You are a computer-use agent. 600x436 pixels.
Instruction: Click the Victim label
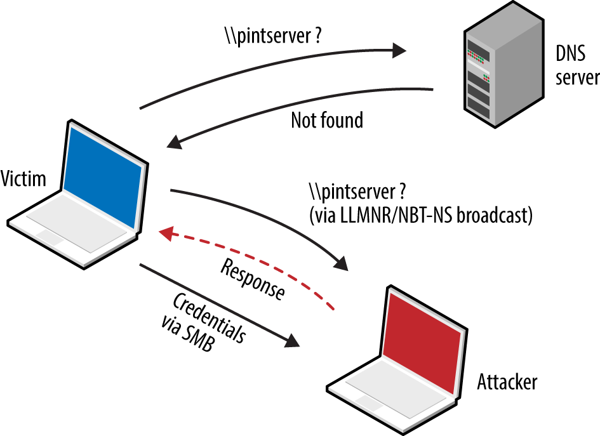click(24, 178)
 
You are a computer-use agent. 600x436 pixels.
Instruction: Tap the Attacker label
click(507, 382)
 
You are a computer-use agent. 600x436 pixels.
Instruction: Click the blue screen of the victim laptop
click(102, 175)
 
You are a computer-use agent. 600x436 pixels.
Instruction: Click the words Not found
click(327, 120)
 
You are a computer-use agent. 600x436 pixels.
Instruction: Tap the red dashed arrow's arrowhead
click(166, 235)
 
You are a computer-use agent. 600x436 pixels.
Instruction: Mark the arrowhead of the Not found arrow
click(173, 143)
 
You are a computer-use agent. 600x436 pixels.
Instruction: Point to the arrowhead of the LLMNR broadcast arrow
click(341, 263)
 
